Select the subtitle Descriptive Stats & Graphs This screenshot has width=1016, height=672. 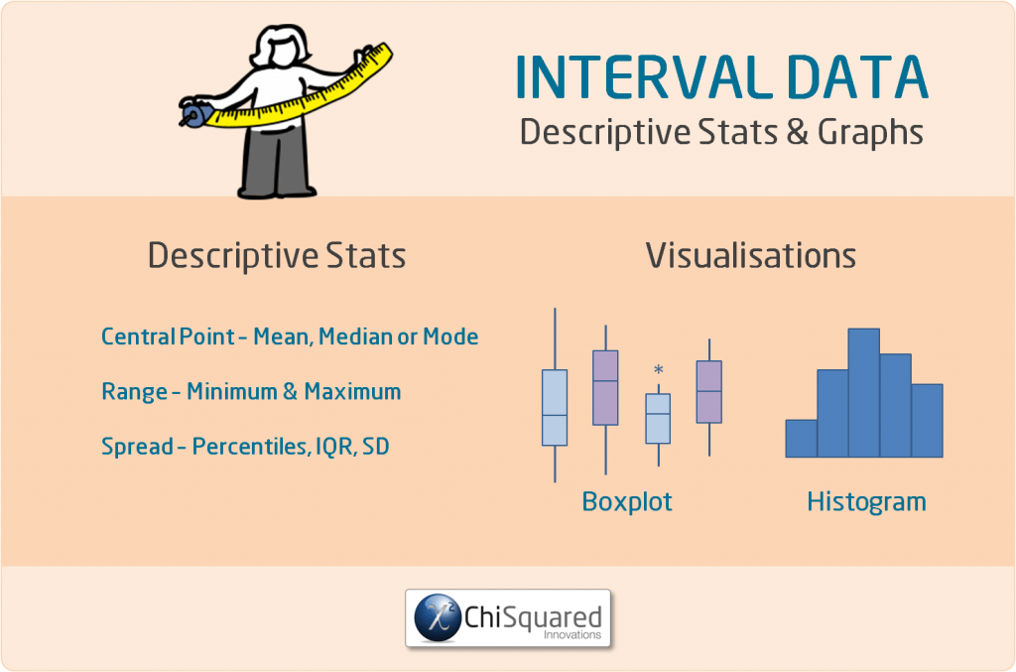[721, 132]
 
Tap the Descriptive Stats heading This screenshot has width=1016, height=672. [277, 256]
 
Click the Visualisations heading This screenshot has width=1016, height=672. [751, 256]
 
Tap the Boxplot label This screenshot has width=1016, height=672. [627, 502]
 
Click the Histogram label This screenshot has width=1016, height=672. [866, 502]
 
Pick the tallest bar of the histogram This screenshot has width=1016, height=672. [863, 392]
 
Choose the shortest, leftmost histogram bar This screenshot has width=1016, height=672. [801, 438]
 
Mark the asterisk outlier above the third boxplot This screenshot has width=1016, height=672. [658, 371]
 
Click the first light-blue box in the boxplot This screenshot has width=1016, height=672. [555, 407]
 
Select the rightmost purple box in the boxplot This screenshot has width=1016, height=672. [708, 391]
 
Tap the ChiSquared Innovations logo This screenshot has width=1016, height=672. [508, 619]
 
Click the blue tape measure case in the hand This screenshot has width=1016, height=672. [193, 115]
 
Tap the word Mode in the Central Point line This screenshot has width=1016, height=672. [450, 337]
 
